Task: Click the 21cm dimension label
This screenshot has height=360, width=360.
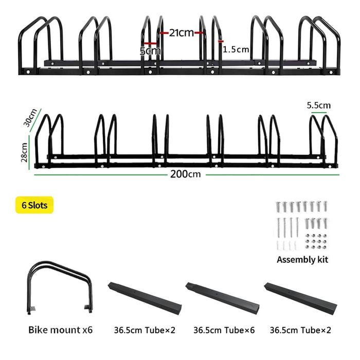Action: [182, 33]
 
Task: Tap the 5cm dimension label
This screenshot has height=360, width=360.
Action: [150, 51]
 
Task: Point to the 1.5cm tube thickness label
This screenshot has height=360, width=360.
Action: [236, 49]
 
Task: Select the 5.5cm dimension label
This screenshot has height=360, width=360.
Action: [319, 105]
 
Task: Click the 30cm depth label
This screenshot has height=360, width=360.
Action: [30, 118]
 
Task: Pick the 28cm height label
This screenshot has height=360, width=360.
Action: [24, 152]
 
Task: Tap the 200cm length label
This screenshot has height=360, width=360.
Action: [185, 174]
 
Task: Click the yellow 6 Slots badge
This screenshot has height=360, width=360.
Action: [34, 205]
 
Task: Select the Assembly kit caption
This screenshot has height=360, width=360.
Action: [302, 260]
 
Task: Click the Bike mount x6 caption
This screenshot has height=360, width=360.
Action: [60, 330]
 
